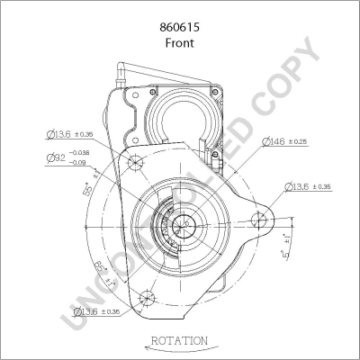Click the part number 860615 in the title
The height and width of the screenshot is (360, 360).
[179, 28]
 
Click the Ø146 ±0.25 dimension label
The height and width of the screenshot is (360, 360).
[286, 142]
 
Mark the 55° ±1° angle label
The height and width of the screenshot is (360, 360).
[88, 191]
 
